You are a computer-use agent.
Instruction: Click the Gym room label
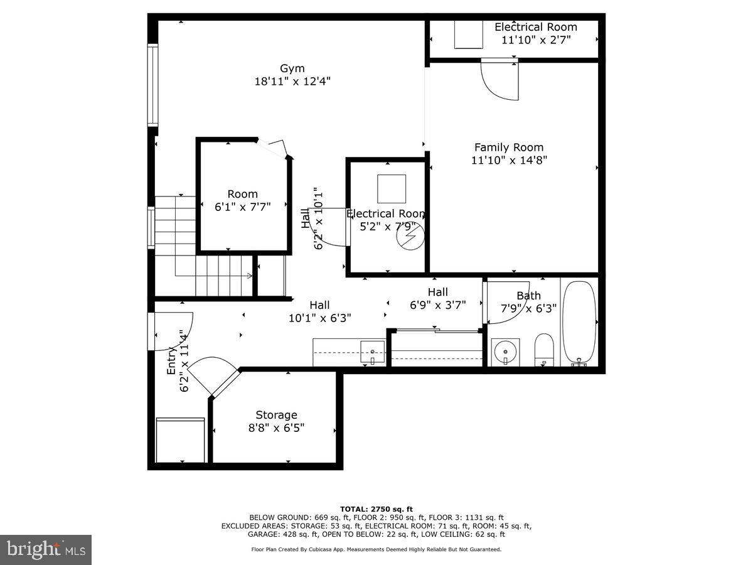(x=292, y=68)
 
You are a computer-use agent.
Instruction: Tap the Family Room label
(x=509, y=148)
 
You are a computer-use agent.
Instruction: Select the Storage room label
(x=276, y=415)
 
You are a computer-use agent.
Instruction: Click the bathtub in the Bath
(x=579, y=323)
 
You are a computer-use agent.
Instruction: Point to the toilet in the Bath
(x=543, y=349)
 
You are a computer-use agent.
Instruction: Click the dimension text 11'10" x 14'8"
(x=509, y=160)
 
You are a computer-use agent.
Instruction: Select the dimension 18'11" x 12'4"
(x=292, y=81)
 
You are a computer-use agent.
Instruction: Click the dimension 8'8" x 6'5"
(x=276, y=428)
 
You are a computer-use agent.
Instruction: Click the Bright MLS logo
(x=46, y=549)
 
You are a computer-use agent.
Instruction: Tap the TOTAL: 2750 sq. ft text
(x=376, y=509)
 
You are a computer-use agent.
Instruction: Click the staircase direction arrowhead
(x=250, y=275)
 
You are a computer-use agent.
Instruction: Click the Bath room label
(x=528, y=296)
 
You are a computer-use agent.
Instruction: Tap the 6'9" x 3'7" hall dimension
(x=437, y=305)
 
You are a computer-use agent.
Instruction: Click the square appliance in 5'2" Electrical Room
(x=392, y=188)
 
